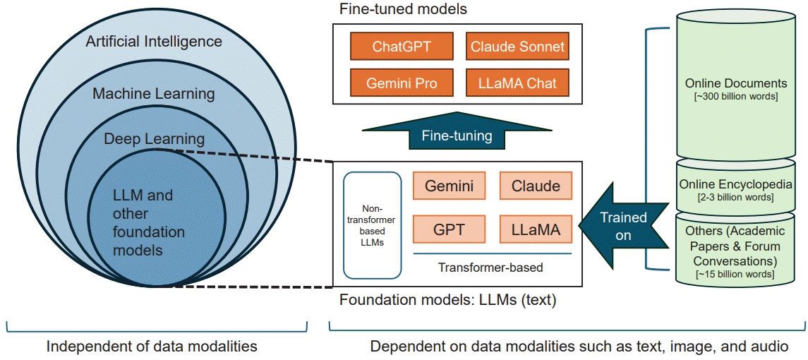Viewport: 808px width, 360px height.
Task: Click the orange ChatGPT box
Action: [x=402, y=47]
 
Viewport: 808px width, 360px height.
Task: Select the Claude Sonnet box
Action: [x=517, y=47]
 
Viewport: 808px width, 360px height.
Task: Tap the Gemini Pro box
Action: [x=402, y=83]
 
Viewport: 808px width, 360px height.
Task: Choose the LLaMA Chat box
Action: [x=517, y=83]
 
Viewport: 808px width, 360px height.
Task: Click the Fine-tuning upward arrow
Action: [x=457, y=134]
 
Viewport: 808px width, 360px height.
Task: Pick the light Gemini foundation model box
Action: [x=449, y=186]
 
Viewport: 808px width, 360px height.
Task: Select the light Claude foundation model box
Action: [x=536, y=186]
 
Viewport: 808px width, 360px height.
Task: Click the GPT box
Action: [x=449, y=229]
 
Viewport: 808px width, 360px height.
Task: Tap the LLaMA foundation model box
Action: [x=536, y=229]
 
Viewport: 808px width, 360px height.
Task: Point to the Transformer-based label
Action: [x=490, y=268]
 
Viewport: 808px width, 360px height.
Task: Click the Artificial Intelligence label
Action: [x=154, y=42]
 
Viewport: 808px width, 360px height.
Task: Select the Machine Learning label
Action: [x=154, y=94]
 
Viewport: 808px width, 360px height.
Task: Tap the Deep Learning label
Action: [x=154, y=139]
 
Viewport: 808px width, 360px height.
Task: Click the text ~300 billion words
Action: [x=736, y=96]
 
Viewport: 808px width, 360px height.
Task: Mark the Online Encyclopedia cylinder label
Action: [x=736, y=184]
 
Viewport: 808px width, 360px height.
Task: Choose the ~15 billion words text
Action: [x=736, y=274]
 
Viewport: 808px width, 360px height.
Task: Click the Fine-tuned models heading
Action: [x=403, y=10]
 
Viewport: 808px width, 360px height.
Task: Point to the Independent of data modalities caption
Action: [x=152, y=347]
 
